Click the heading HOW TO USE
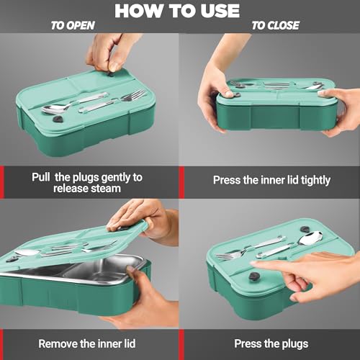point(177,11)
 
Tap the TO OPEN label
point(73,25)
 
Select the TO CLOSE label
point(275,25)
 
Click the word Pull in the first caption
point(41,177)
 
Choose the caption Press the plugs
point(271,344)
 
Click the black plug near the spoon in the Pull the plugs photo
point(58,120)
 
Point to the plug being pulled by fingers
point(112,74)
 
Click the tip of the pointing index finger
point(252,264)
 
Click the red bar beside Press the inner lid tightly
point(181,182)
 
